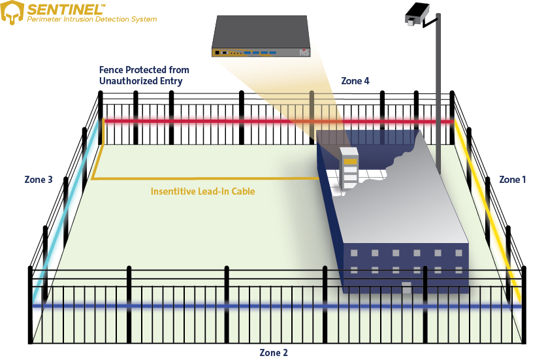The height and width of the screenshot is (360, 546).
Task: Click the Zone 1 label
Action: click(x=512, y=180)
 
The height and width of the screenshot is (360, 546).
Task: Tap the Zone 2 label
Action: click(x=274, y=353)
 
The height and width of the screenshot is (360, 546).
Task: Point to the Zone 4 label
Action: click(x=355, y=81)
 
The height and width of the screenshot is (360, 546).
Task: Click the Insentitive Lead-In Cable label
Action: click(x=202, y=192)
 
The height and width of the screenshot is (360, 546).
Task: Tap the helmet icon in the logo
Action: click(x=12, y=13)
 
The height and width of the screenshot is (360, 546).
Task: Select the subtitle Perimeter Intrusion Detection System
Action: click(x=91, y=20)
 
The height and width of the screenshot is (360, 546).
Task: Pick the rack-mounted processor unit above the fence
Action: click(x=261, y=37)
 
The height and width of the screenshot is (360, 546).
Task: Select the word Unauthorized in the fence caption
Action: click(x=131, y=81)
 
